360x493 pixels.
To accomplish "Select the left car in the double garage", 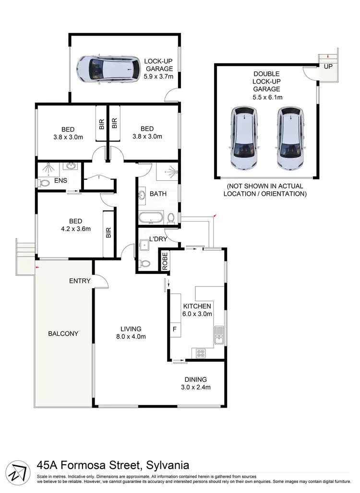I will [245, 138].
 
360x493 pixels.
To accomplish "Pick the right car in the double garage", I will [289, 138].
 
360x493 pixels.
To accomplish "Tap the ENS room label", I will [61, 181].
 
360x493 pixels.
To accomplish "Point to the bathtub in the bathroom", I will [152, 219].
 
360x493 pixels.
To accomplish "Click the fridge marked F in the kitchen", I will [174, 330].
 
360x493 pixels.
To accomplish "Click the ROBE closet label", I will [165, 261].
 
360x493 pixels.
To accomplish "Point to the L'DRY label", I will [157, 239].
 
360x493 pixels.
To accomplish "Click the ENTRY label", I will [80, 281].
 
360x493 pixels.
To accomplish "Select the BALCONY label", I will [63, 333].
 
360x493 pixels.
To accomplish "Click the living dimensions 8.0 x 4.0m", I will [131, 336].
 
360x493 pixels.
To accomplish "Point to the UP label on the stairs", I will [328, 66].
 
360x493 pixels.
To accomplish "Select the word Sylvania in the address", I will [167, 465].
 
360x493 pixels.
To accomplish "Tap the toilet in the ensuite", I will [44, 183].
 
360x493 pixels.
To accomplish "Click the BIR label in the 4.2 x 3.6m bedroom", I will [108, 233].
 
